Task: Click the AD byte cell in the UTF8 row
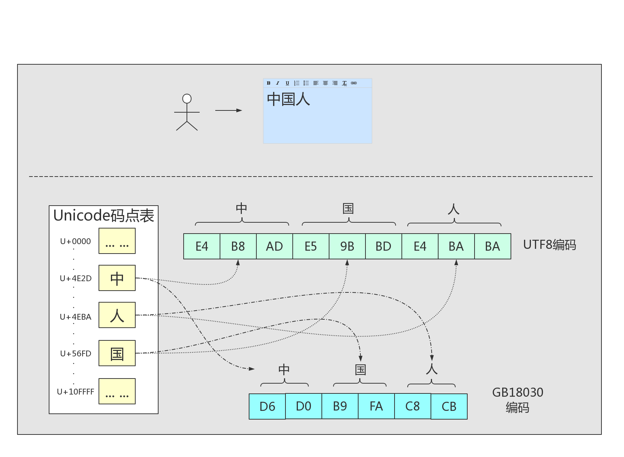pyautogui.click(x=275, y=246)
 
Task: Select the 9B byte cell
pyautogui.click(x=347, y=246)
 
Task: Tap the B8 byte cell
pyautogui.click(x=238, y=246)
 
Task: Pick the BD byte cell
pyautogui.click(x=384, y=246)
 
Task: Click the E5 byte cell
pyautogui.click(x=311, y=246)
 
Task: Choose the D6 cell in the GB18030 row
pyautogui.click(x=267, y=407)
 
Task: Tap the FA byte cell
pyautogui.click(x=376, y=406)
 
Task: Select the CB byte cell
pyautogui.click(x=449, y=407)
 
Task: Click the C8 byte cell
pyautogui.click(x=413, y=406)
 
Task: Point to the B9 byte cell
pyautogui.click(x=340, y=406)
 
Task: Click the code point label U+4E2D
pyautogui.click(x=76, y=279)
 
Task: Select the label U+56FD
pyautogui.click(x=76, y=354)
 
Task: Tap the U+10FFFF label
pyautogui.click(x=76, y=392)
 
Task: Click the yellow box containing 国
pyautogui.click(x=117, y=353)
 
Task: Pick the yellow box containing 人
pyautogui.click(x=117, y=315)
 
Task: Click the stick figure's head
pyautogui.click(x=187, y=98)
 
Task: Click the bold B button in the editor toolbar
pyautogui.click(x=269, y=83)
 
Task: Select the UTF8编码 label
pyautogui.click(x=549, y=245)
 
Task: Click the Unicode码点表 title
pyautogui.click(x=104, y=215)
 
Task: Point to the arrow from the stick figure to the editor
pyautogui.click(x=228, y=110)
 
